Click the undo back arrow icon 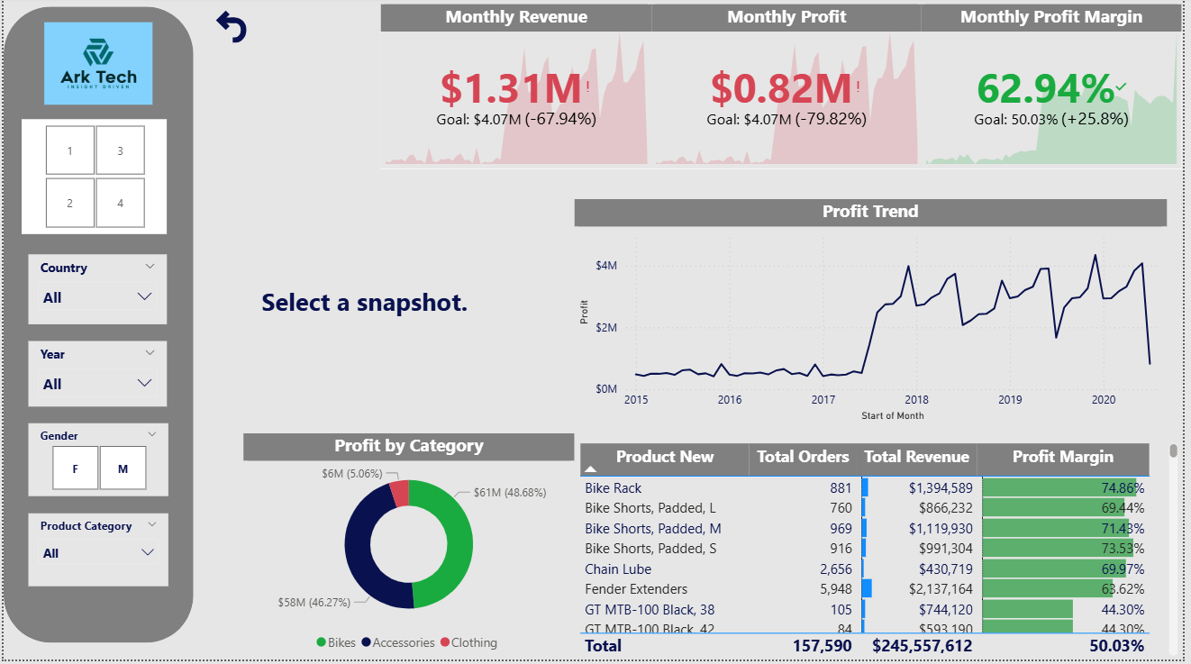coord(232,27)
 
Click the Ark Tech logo coord(99,63)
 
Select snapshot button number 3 coord(120,150)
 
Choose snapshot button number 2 coord(69,203)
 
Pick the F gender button coord(75,468)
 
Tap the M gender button coord(123,468)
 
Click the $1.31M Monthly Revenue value coord(511,88)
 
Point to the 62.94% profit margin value coord(1045,88)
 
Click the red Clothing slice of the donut coord(399,493)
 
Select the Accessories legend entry coord(397,642)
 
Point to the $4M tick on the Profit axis coord(605,266)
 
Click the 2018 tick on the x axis coord(916,400)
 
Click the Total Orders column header coord(802,457)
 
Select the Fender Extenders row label coord(635,589)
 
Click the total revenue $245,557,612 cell coord(922,645)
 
